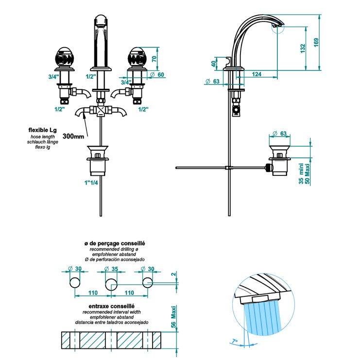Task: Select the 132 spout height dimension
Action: pos(303,49)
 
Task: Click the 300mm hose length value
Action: pos(73,137)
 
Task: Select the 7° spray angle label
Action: pos(236,341)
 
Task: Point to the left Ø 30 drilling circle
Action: pos(75,283)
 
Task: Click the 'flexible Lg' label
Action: pos(42,130)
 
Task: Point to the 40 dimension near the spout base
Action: pos(214,64)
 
